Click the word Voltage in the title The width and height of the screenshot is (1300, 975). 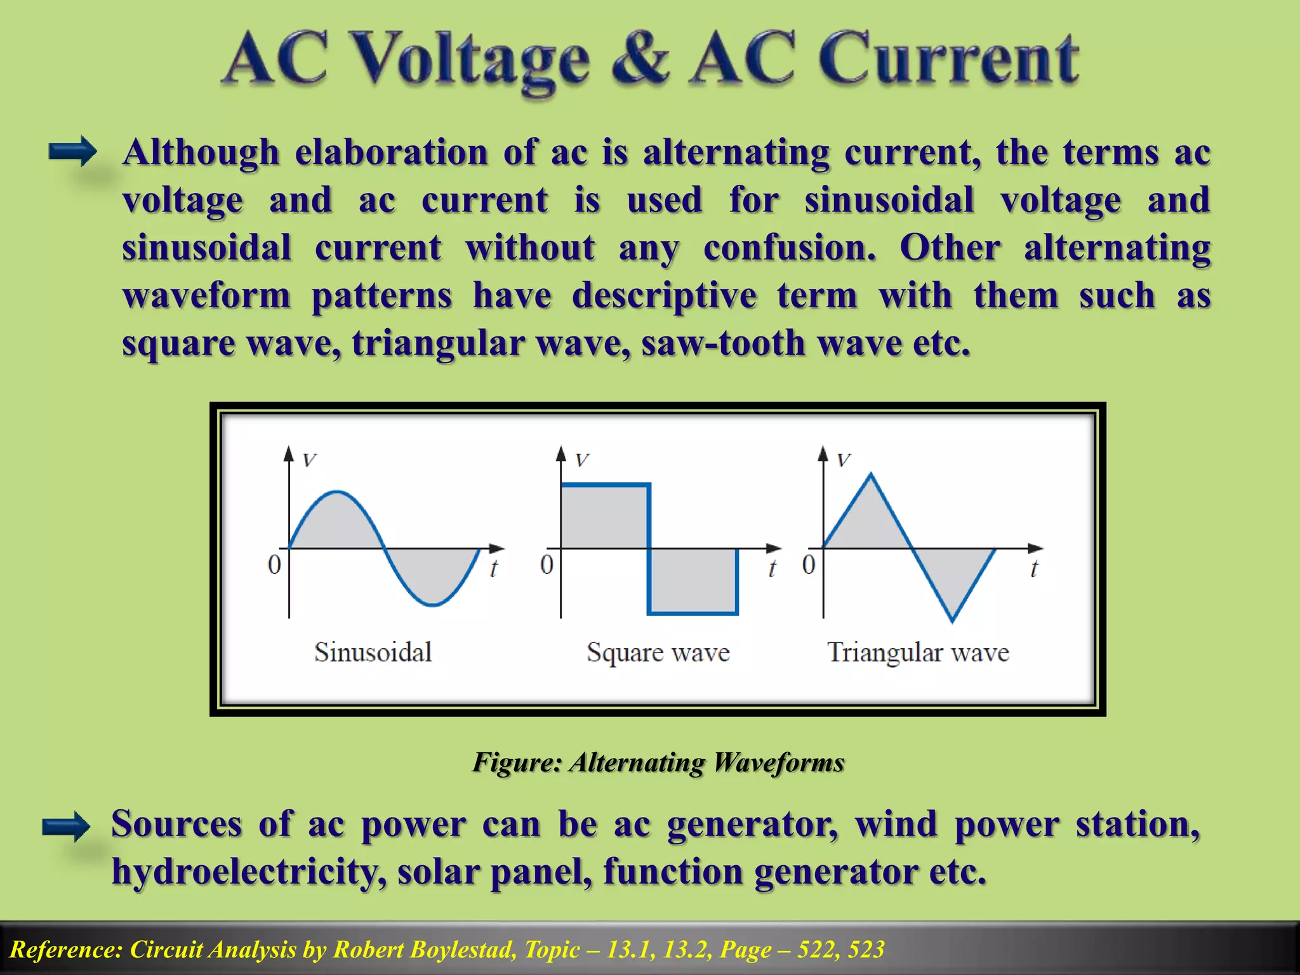pyautogui.click(x=470, y=61)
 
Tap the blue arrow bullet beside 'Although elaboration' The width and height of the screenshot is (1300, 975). pyautogui.click(x=72, y=152)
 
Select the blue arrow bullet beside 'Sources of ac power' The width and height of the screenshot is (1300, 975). pyautogui.click(x=66, y=826)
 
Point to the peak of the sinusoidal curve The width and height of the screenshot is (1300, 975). pyautogui.click(x=337, y=491)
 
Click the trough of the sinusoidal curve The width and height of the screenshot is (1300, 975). pyautogui.click(x=433, y=604)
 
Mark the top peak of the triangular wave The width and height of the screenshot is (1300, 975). pyautogui.click(x=871, y=474)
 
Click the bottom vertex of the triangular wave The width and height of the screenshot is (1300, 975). pyautogui.click(x=952, y=620)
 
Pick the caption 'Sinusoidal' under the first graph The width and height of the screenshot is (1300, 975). pyautogui.click(x=373, y=653)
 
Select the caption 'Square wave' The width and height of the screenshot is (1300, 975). pyautogui.click(x=658, y=653)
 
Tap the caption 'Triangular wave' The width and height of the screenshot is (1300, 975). pyautogui.click(x=918, y=653)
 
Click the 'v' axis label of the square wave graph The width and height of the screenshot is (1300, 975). pyautogui.click(x=582, y=460)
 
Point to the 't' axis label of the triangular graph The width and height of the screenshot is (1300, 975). pyautogui.click(x=1034, y=569)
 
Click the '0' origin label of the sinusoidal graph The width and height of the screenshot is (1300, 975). pyautogui.click(x=274, y=564)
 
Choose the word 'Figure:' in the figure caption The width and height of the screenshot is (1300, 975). pyautogui.click(x=517, y=762)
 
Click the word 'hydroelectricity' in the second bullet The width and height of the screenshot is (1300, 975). pyautogui.click(x=248, y=872)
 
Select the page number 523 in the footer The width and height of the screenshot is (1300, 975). pyautogui.click(x=866, y=950)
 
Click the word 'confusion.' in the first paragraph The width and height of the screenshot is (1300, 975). pyautogui.click(x=790, y=248)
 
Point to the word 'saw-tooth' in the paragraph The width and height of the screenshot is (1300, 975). pyautogui.click(x=723, y=343)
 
